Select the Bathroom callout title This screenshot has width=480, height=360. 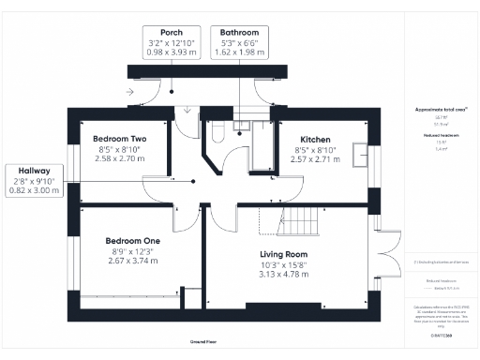(x=239, y=31)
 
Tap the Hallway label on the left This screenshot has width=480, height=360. (x=35, y=170)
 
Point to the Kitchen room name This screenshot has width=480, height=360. (x=316, y=138)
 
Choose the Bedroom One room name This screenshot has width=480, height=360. (x=131, y=241)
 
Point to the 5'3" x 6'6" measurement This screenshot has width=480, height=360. (x=239, y=42)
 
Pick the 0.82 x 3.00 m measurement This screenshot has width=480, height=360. (x=35, y=190)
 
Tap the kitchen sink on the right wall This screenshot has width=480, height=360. (x=358, y=154)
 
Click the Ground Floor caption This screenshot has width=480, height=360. (x=203, y=343)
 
